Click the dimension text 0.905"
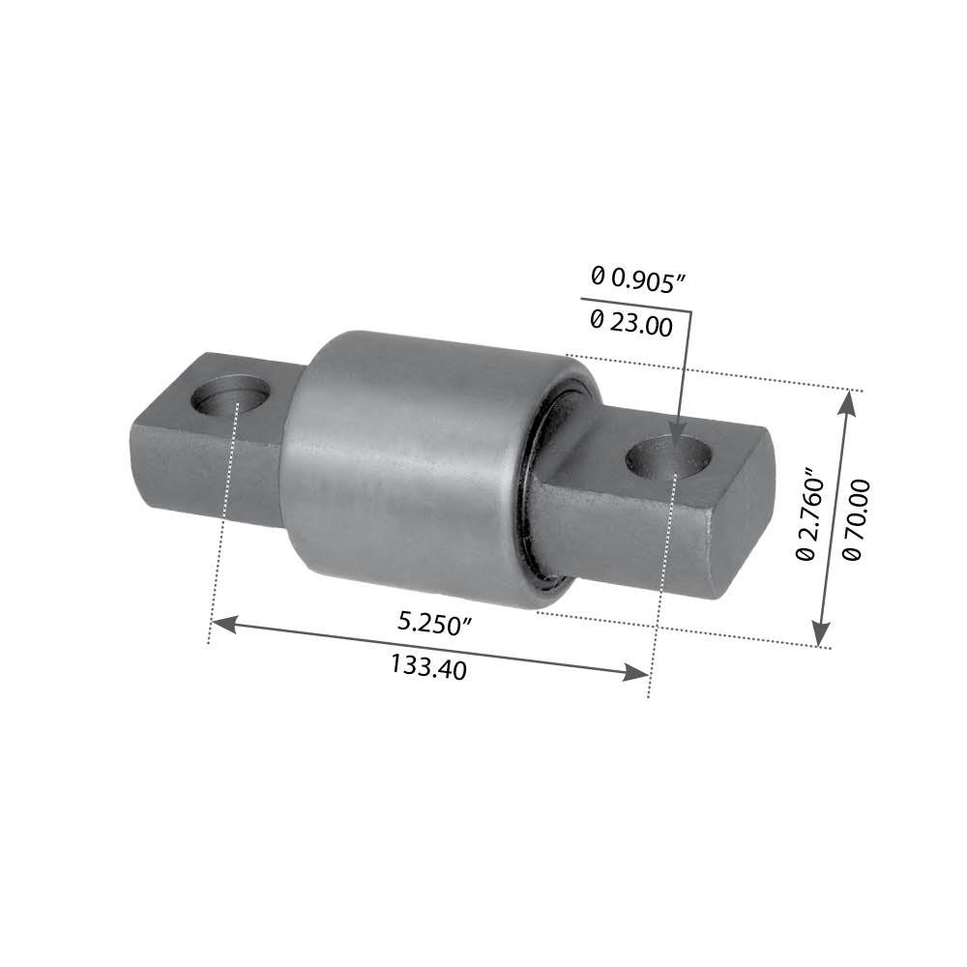point(647,278)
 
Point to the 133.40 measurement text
point(428,666)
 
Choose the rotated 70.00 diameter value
point(856,518)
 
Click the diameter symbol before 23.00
point(597,317)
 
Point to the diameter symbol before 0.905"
point(598,276)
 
